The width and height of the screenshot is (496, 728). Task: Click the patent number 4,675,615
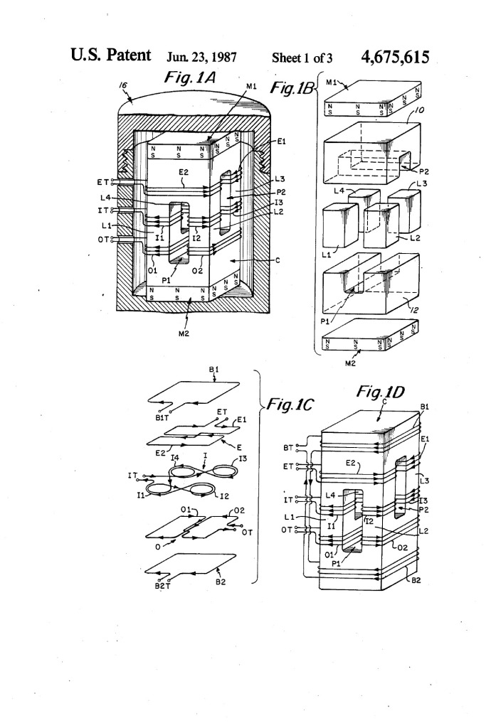[395, 57]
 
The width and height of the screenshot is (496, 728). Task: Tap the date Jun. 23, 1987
[202, 57]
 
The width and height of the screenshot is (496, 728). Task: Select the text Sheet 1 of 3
[302, 58]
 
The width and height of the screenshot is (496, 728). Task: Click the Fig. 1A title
[190, 77]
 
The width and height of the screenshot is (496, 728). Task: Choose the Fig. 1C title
[290, 404]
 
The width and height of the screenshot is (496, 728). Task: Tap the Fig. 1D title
[380, 392]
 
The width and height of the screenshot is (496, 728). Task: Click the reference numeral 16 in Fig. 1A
[123, 85]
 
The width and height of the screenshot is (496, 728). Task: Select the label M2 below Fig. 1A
[184, 333]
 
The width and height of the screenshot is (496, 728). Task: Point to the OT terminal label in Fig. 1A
[103, 240]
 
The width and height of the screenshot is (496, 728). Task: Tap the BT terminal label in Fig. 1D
[288, 448]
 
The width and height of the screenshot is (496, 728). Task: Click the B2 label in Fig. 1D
[416, 580]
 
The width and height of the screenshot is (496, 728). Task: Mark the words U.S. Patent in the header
[111, 55]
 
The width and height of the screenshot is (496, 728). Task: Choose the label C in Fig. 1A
[278, 260]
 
